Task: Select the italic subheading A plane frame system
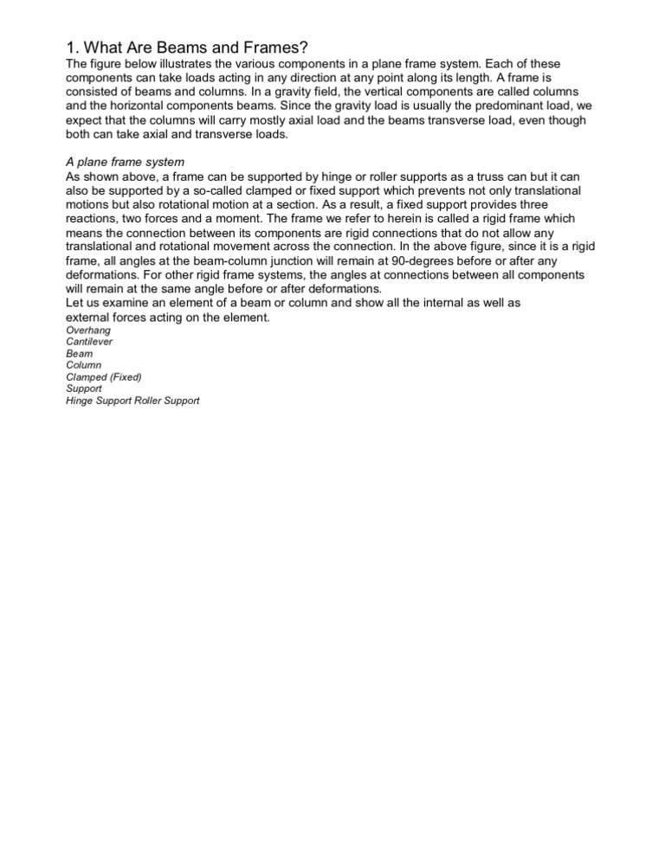125,162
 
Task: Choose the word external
87,317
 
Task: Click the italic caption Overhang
88,331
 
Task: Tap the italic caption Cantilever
89,342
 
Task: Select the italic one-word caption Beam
80,354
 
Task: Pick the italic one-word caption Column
83,365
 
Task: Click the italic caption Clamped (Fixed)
103,377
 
